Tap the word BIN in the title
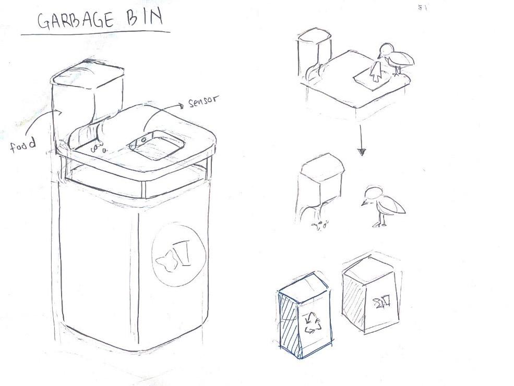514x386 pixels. (145, 18)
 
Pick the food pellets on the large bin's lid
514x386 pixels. (98, 148)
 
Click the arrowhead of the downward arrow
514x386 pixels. (361, 152)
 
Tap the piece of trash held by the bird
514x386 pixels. (375, 72)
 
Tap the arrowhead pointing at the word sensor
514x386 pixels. (181, 106)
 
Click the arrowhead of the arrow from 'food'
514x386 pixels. (59, 113)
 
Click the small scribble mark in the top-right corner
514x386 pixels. (423, 8)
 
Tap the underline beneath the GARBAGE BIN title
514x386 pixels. (95, 33)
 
